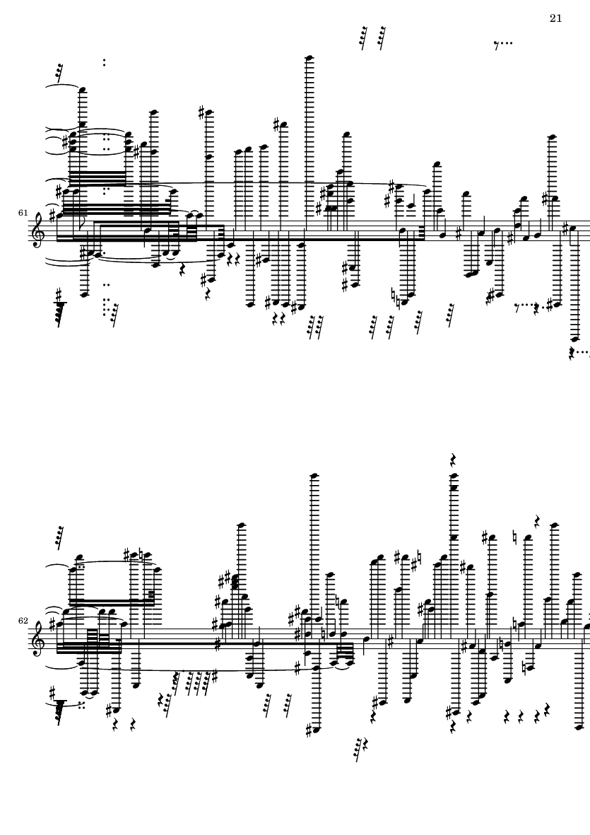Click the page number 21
555,18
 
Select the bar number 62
23,621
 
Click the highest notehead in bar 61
308,58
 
